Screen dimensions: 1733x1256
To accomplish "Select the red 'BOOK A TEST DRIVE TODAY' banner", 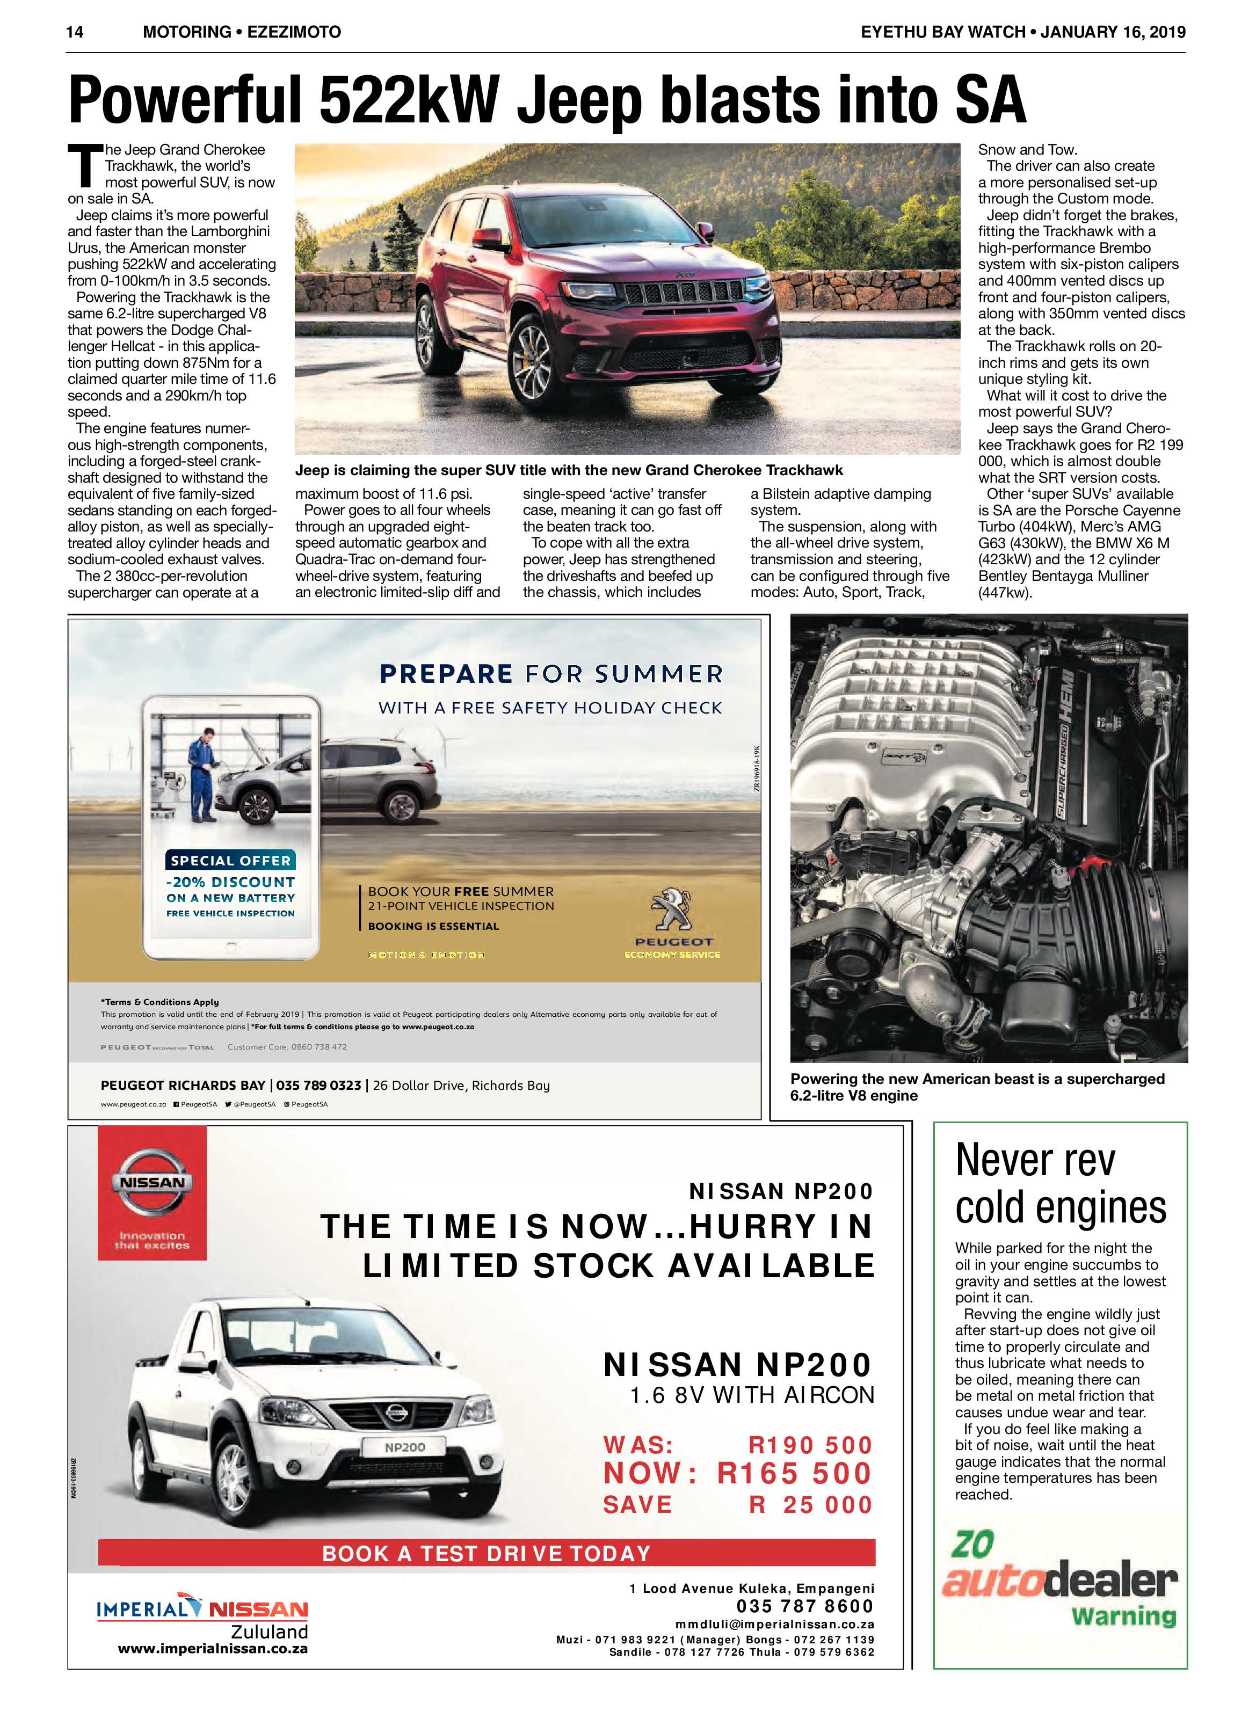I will (486, 1554).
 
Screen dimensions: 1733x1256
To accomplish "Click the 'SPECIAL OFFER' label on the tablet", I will (231, 861).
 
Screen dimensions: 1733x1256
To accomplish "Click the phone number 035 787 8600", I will (805, 1606).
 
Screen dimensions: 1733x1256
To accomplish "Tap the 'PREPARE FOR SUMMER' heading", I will (550, 674).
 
